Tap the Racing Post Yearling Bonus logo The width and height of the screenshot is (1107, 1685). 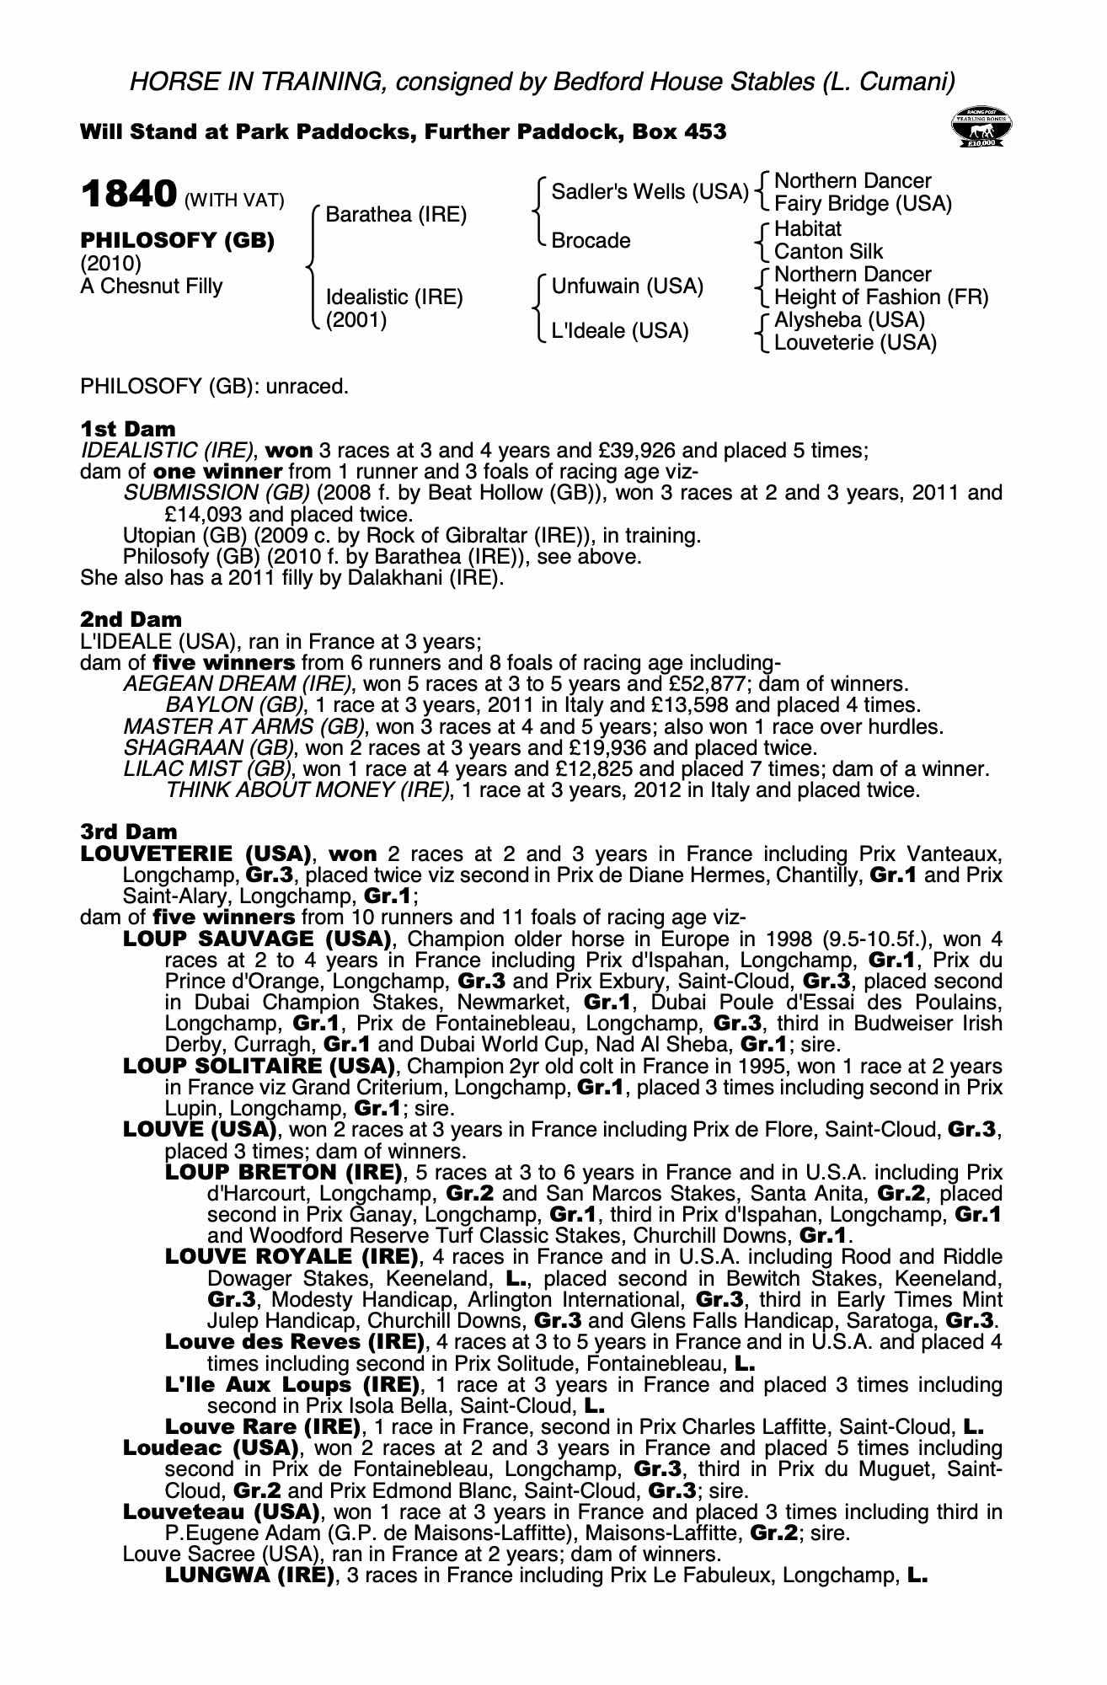point(981,127)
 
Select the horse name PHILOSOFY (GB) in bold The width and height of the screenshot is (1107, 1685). point(177,240)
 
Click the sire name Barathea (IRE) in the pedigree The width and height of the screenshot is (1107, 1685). point(395,214)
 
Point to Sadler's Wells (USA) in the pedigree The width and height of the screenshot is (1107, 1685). point(650,192)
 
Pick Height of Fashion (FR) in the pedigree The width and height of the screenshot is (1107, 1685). point(880,297)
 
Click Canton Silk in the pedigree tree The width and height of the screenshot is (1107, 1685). point(828,251)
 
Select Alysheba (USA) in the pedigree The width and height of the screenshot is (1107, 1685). point(849,320)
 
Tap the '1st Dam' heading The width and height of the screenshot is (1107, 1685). point(128,429)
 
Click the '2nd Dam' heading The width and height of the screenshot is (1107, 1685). point(131,620)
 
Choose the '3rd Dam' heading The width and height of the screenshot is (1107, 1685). point(130,832)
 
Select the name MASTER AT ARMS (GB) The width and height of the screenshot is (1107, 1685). point(244,726)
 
